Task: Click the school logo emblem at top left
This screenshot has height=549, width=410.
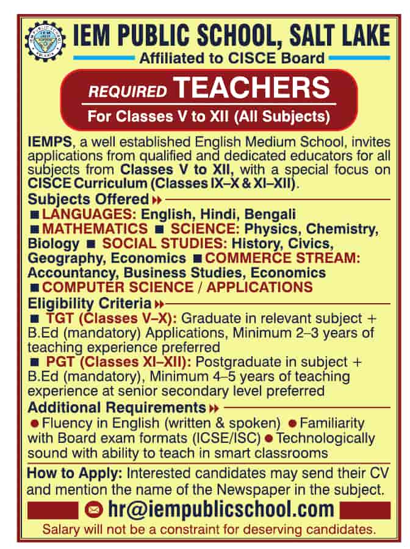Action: point(44,41)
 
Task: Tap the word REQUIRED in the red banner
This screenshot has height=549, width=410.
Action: point(128,92)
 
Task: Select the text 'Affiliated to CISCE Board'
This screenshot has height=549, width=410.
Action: point(232,59)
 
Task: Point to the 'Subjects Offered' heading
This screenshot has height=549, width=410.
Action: point(88,199)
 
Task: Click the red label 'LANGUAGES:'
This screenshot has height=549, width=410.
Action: point(89,214)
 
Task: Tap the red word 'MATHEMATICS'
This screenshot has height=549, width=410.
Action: point(95,229)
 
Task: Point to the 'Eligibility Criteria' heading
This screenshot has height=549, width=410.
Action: point(90,303)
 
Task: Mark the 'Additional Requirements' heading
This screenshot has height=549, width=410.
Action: point(117,407)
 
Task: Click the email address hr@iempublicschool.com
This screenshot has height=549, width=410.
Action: point(220,509)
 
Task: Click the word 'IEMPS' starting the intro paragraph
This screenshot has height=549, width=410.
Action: point(48,142)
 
